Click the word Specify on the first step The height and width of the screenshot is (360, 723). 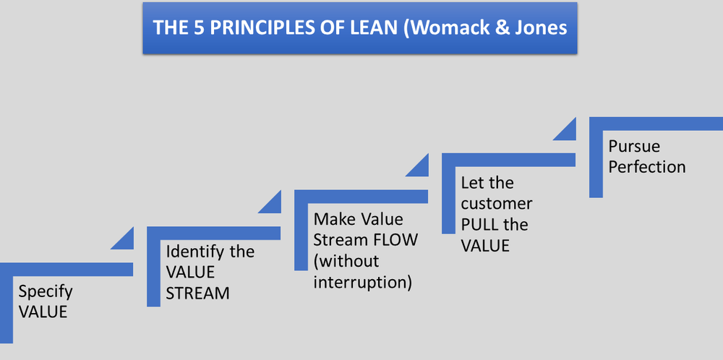46,292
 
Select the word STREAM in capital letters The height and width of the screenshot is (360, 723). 197,293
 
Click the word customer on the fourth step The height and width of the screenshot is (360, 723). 497,203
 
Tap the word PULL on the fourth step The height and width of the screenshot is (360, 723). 484,224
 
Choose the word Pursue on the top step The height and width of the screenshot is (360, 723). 634,146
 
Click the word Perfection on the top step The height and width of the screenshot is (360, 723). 646,167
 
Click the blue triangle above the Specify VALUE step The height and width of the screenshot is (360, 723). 124,239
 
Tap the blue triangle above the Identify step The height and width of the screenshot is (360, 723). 272,202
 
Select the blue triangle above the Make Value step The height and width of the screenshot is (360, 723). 419,166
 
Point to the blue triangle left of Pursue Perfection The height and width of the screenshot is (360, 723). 566,130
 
